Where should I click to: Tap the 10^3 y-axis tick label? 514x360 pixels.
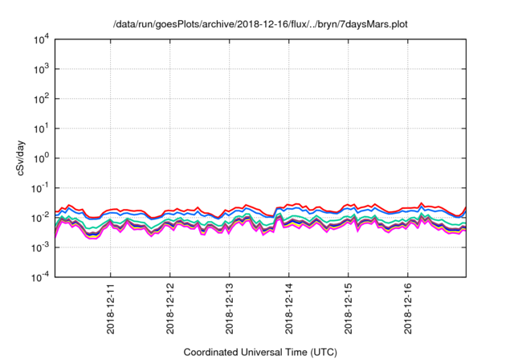click(39, 69)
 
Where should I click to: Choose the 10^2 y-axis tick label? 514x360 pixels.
click(39, 99)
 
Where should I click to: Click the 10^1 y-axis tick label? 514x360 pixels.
click(39, 129)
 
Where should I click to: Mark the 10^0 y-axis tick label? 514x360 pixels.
click(39, 158)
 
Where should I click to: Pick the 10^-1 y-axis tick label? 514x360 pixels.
click(38, 188)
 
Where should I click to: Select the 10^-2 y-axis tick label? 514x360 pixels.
click(38, 218)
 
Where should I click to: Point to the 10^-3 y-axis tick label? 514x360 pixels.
click(38, 247)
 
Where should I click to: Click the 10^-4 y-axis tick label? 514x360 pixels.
click(38, 277)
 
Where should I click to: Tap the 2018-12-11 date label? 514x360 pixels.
click(111, 309)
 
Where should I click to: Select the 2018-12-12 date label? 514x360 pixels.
click(170, 309)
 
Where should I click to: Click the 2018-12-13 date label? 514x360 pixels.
click(230, 309)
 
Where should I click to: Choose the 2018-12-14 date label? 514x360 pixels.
click(289, 309)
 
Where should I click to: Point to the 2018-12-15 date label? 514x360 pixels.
click(349, 309)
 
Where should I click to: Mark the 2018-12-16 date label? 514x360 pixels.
click(408, 309)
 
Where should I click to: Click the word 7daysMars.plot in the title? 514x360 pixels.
click(370, 24)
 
